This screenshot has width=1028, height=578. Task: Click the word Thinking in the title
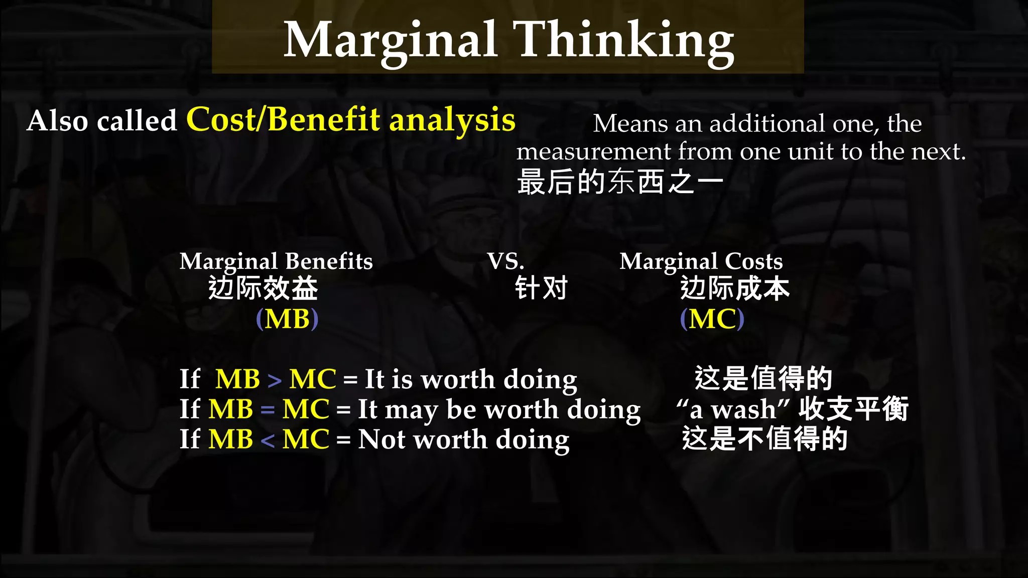625,40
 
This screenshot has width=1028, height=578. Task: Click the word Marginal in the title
391,40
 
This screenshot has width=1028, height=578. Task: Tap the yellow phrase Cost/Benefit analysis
350,120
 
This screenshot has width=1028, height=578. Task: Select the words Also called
102,121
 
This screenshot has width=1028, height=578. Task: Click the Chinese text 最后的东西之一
620,182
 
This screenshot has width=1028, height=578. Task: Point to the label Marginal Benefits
276,261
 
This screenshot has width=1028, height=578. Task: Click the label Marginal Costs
701,261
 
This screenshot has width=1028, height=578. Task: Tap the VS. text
505,261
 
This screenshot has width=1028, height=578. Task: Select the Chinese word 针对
541,288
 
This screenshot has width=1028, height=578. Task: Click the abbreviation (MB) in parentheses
287,319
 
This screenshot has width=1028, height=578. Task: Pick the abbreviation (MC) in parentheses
712,319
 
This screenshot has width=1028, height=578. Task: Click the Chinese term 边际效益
263,288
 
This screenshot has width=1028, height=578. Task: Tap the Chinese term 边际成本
735,288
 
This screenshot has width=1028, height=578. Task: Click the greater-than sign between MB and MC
275,380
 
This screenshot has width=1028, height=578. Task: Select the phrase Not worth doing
464,440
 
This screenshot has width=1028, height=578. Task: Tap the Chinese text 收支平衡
853,409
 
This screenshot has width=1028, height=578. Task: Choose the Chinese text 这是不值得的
764,439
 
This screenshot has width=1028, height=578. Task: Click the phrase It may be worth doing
499,409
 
